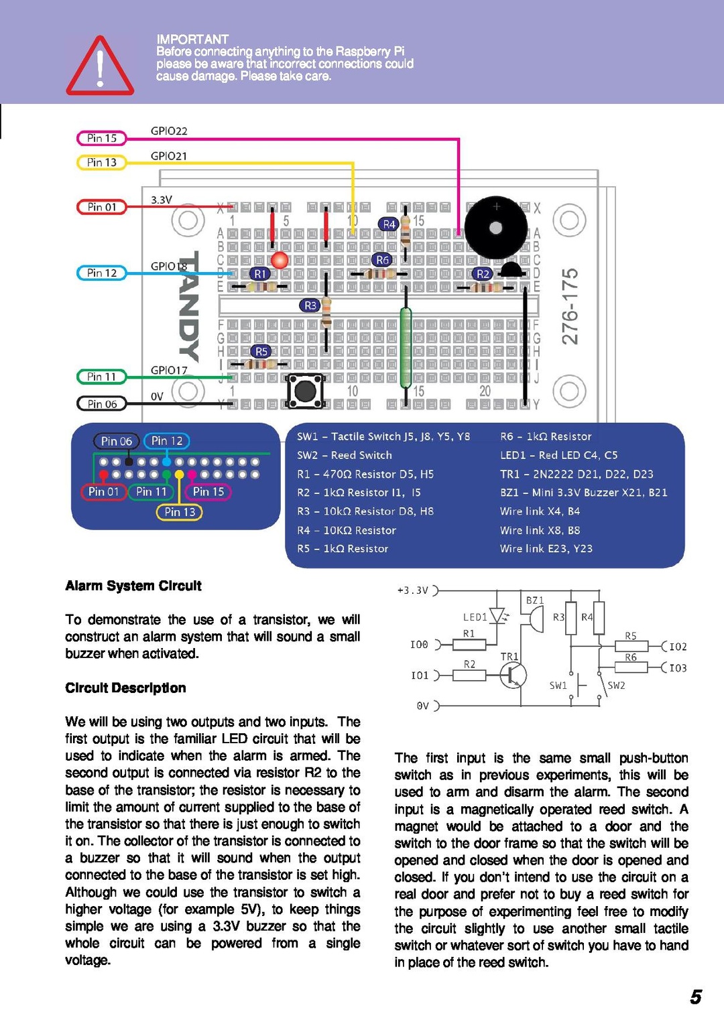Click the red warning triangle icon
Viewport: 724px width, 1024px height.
pos(100,67)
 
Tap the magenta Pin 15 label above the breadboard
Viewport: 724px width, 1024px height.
pos(102,138)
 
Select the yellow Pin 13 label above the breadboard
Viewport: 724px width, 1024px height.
pos(102,162)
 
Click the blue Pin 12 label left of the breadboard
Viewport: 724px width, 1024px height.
pos(102,273)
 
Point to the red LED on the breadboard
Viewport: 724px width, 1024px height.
pos(280,260)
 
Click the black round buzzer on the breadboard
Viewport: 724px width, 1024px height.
pos(496,228)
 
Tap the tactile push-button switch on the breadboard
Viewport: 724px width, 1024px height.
pos(305,390)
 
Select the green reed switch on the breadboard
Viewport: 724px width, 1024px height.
pos(406,347)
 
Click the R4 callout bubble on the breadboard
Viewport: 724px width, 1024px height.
pos(389,225)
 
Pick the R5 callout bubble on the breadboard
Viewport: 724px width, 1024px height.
pos(261,351)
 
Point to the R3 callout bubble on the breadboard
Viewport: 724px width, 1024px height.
pos(310,306)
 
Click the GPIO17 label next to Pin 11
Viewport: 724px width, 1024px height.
pos(169,370)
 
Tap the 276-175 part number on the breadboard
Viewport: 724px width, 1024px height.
pos(570,306)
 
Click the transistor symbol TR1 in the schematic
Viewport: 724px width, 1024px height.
pos(513,675)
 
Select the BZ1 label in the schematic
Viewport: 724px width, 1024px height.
pos(535,600)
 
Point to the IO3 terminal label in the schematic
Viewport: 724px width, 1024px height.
pos(678,668)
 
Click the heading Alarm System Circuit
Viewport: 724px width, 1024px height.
pos(133,586)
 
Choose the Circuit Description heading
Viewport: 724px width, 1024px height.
pos(125,688)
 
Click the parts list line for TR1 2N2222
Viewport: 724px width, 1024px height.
pos(576,474)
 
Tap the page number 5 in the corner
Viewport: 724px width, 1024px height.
pos(696,997)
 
